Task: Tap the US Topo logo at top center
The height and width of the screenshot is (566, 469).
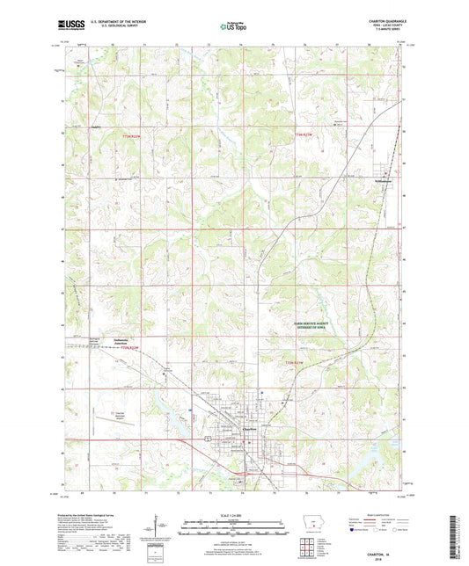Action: click(x=233, y=27)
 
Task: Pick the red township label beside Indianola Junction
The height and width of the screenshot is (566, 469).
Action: click(x=129, y=350)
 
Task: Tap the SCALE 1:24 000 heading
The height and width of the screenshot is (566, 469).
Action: click(x=234, y=514)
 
